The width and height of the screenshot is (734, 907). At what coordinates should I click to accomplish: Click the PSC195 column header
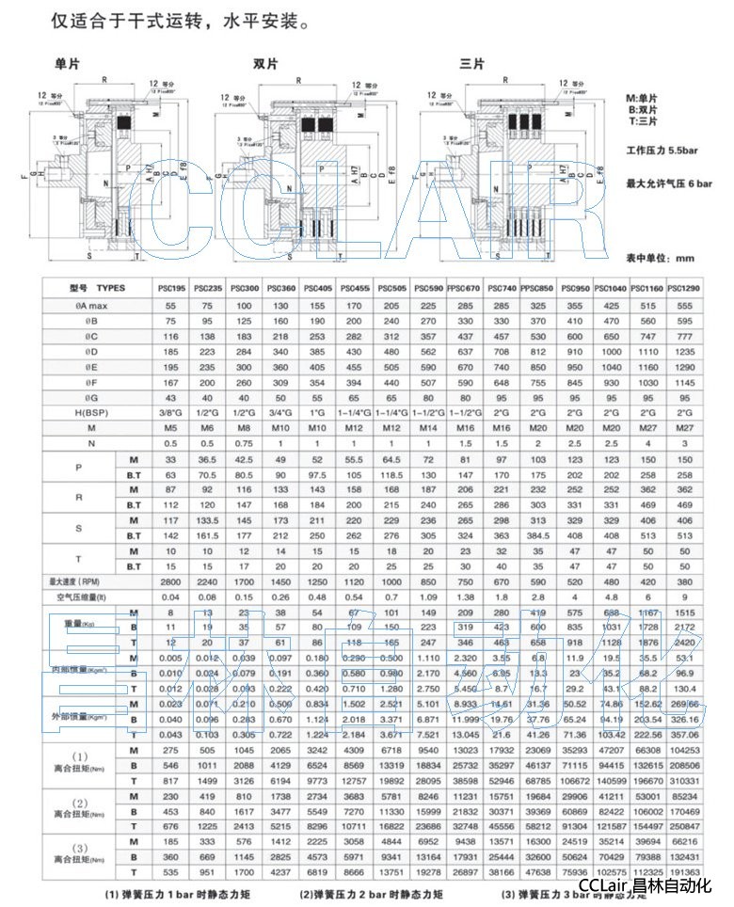click(175, 287)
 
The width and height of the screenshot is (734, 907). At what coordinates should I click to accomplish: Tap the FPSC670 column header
click(463, 287)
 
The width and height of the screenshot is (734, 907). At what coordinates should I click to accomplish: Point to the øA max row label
click(84, 307)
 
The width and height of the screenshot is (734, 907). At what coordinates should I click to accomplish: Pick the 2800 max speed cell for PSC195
click(175, 582)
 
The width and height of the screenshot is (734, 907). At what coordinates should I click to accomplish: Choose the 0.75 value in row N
click(247, 444)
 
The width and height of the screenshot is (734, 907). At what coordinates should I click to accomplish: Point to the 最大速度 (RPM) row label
click(84, 582)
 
